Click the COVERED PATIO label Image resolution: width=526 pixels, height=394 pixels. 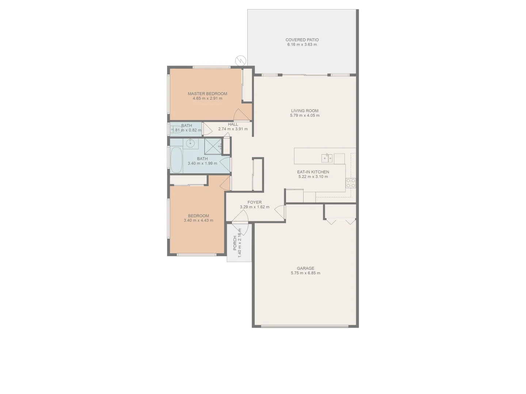point(302,40)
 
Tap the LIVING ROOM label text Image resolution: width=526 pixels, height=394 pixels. point(305,111)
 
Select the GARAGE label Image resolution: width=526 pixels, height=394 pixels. point(305,268)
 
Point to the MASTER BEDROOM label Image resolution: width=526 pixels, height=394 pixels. point(207,94)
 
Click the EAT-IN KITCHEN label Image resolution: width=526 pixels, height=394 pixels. point(313,172)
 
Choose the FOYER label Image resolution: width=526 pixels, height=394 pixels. point(254,202)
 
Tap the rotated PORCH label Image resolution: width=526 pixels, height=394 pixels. point(235,243)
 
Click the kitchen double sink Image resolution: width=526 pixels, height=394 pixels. point(327,158)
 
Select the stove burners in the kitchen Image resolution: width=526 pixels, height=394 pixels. point(351,183)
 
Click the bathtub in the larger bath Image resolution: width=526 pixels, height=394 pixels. point(176,160)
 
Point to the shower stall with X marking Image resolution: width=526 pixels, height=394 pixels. point(213,147)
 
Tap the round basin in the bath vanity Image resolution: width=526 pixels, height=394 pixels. point(190,143)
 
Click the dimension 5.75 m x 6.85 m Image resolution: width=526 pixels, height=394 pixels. point(305,273)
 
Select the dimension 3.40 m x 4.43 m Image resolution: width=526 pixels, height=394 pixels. point(198,220)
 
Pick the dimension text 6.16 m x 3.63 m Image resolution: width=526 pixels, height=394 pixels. point(302,45)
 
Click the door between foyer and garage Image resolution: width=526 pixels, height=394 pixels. point(281,211)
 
